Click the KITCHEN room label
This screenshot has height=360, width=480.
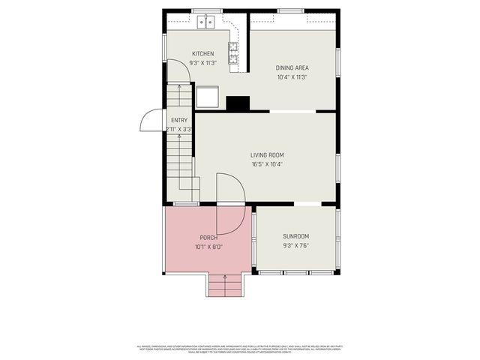(x=202, y=53)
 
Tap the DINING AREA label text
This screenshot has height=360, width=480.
(x=292, y=67)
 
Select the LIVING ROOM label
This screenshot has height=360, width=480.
(x=267, y=155)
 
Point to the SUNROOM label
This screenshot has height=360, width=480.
(x=295, y=235)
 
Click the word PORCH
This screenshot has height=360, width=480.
(x=208, y=238)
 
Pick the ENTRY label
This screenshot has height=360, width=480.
(x=179, y=120)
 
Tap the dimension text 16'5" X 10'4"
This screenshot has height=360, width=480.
(x=267, y=164)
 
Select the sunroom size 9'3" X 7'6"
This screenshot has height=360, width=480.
(x=295, y=245)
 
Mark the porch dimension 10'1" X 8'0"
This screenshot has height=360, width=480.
(x=208, y=247)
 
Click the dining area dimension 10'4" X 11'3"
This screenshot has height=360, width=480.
(x=292, y=76)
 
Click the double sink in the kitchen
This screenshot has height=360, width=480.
(x=206, y=22)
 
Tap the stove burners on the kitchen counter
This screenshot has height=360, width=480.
(x=233, y=51)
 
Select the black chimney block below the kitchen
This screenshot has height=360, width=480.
(x=238, y=103)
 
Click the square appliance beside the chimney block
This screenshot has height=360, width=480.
(x=208, y=97)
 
